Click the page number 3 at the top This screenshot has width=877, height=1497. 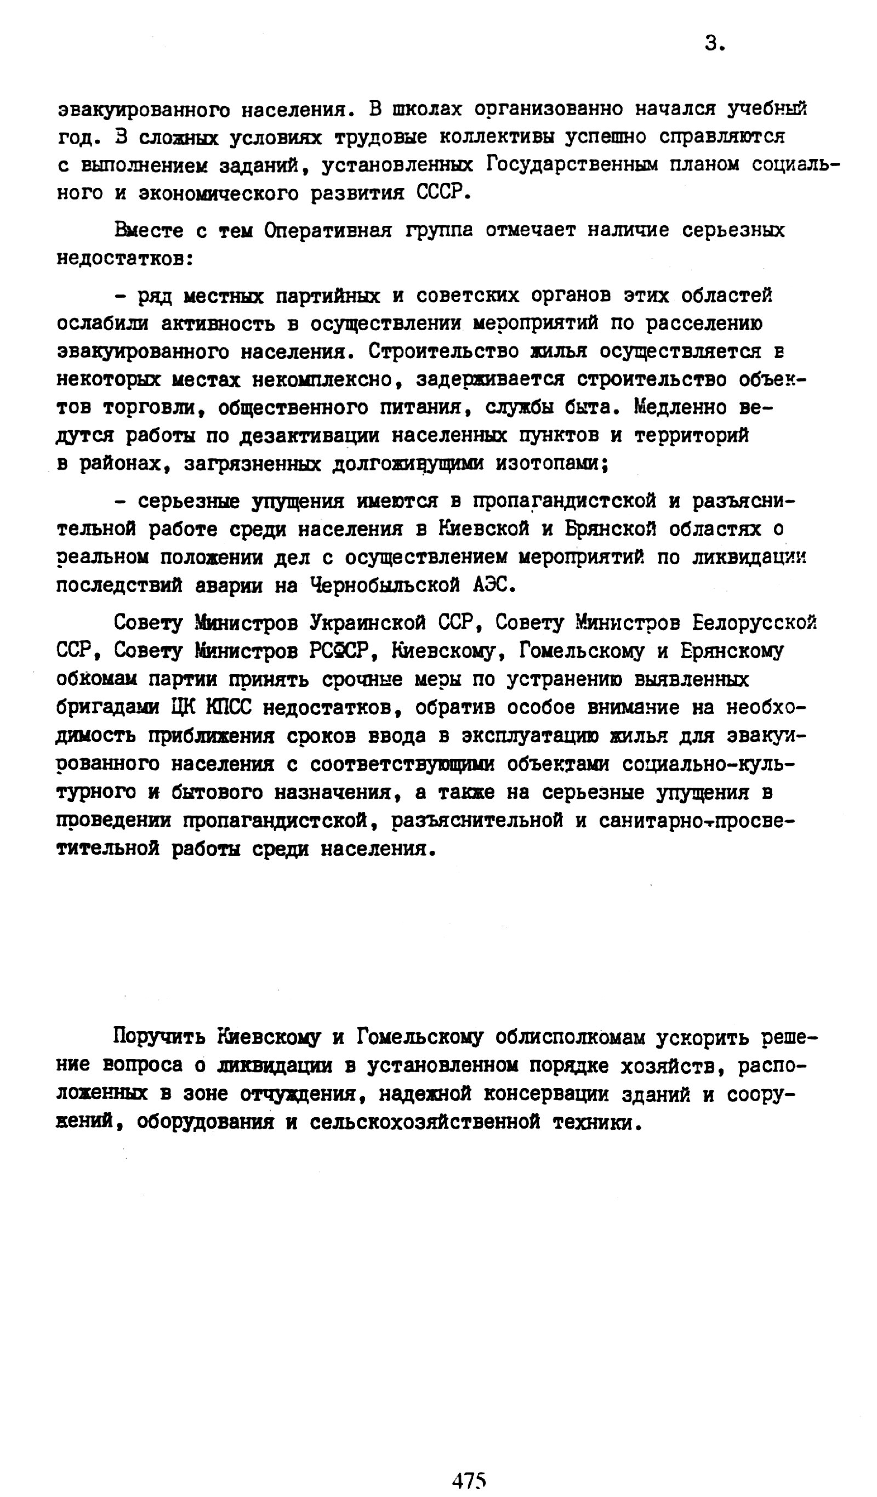coord(713,43)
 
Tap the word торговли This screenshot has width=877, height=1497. coord(157,407)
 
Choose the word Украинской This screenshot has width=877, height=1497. coord(367,623)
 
